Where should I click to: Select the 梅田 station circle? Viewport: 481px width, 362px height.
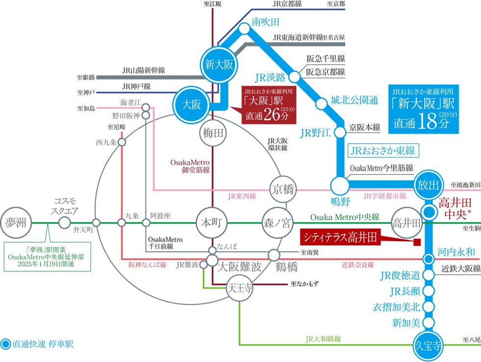[x=212, y=132]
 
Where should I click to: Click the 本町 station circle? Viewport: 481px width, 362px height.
[x=212, y=222]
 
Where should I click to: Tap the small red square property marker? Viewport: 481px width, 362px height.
[x=417, y=242]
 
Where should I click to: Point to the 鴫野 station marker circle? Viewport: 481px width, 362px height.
[x=338, y=186]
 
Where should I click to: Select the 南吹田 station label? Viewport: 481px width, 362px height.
[x=265, y=22]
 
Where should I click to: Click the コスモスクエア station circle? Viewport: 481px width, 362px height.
[x=64, y=222]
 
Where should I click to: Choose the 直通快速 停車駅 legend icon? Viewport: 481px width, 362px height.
[x=6, y=344]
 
